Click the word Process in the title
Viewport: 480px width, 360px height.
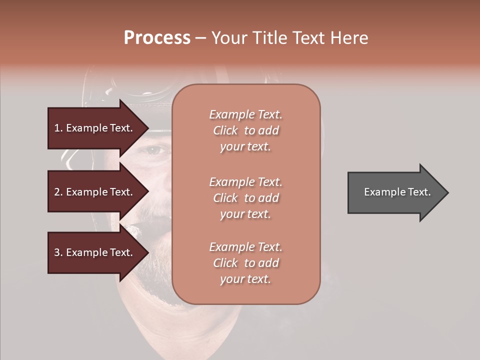pos(157,38)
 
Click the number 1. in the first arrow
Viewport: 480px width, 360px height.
pos(58,128)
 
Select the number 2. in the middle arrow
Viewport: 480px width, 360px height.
pos(58,192)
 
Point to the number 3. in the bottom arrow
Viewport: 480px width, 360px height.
pos(58,252)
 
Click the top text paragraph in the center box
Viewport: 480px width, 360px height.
pos(245,130)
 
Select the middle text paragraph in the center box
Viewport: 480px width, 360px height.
pos(245,198)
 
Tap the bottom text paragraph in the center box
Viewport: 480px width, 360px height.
pos(245,263)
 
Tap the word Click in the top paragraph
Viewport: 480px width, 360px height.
pos(225,130)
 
